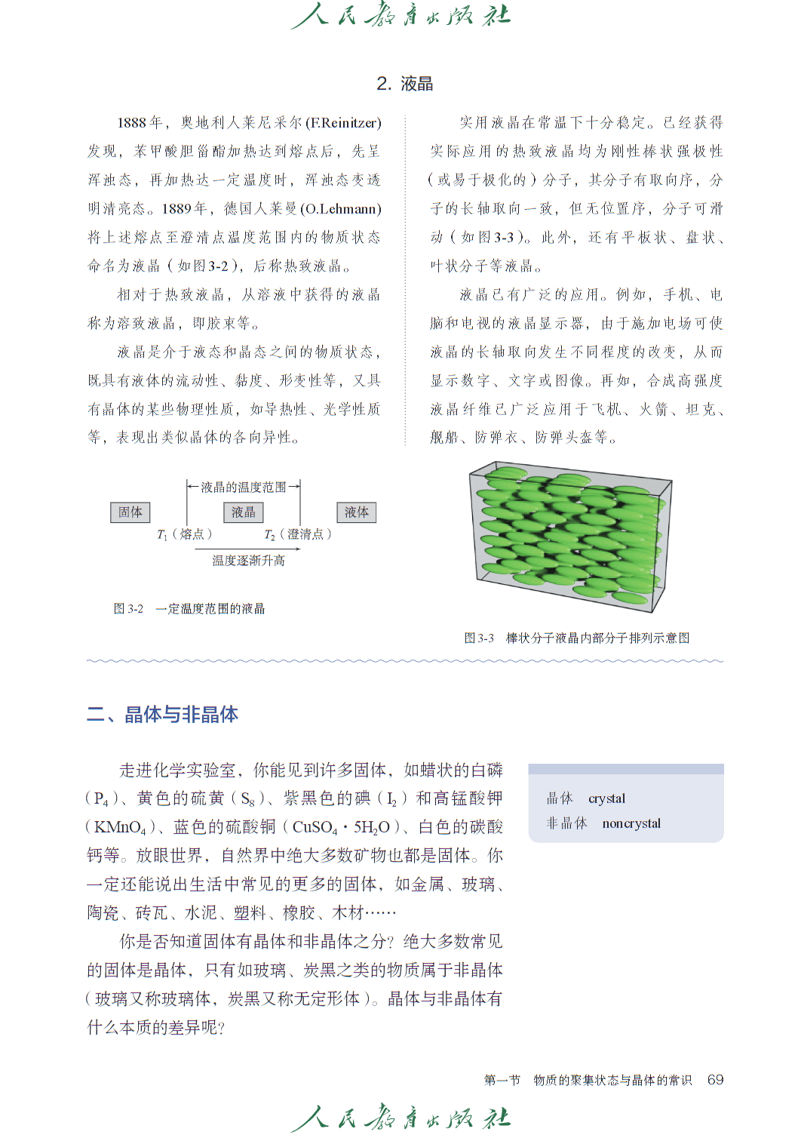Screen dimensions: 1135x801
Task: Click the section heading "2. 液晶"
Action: [x=404, y=84]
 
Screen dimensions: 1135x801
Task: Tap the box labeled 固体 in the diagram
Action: [x=130, y=512]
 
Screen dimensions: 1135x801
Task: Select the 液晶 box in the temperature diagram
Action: [x=243, y=512]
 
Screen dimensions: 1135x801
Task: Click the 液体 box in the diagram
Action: [x=356, y=512]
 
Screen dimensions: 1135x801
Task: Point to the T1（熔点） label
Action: [x=184, y=534]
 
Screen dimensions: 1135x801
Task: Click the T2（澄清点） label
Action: [x=297, y=534]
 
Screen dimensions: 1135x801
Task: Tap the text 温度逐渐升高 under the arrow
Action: [x=248, y=561]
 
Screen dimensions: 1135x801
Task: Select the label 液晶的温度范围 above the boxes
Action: [x=243, y=488]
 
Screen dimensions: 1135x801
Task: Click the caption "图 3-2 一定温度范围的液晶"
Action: [x=189, y=609]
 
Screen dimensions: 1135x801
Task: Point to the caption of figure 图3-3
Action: [x=576, y=638]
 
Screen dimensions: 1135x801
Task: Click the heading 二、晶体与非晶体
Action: [x=162, y=715]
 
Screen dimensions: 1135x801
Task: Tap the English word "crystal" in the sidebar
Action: [x=606, y=798]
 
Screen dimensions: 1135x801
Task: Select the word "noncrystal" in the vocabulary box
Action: [x=631, y=823]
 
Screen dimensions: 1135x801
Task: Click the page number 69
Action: [x=715, y=1080]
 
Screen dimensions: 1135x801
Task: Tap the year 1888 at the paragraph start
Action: [x=131, y=123]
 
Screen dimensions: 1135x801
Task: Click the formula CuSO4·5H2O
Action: [x=341, y=827]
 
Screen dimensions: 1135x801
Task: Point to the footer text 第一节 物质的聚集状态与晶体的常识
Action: [x=588, y=1080]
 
